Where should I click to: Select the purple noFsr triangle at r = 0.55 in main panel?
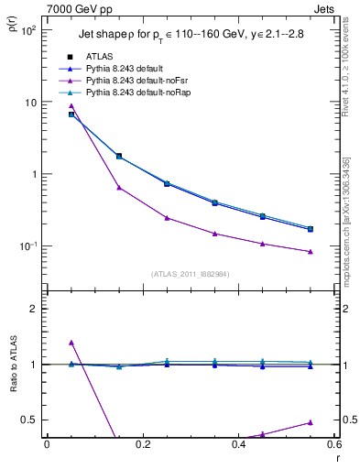click(x=311, y=251)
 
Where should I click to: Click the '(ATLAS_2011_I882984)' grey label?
click(x=191, y=274)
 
